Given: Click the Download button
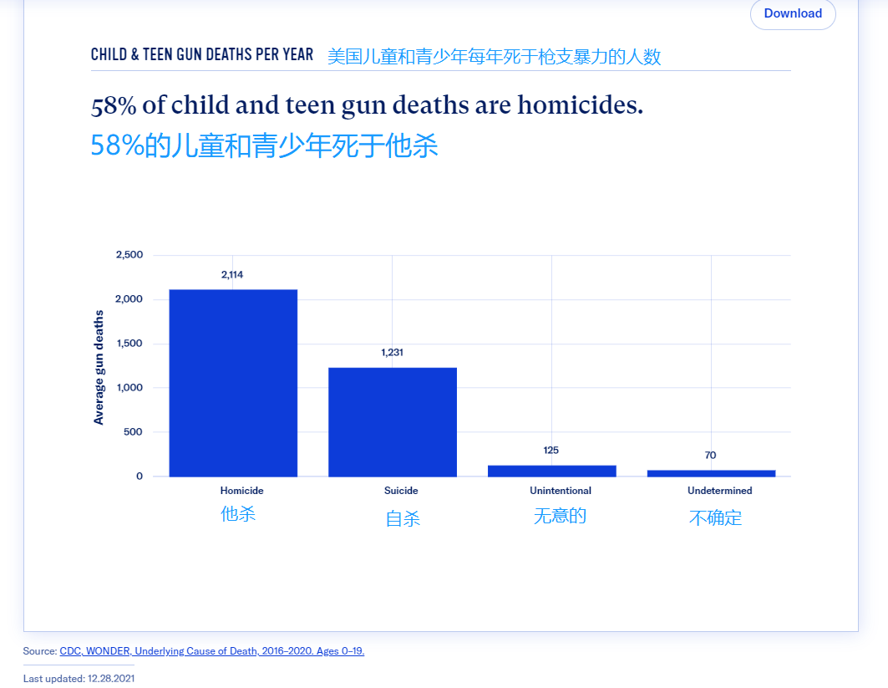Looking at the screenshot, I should pyautogui.click(x=792, y=13).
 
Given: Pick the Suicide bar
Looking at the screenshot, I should pyautogui.click(x=393, y=422).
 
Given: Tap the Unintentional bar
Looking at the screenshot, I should pyautogui.click(x=551, y=471).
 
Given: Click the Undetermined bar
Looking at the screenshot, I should pyautogui.click(x=711, y=473).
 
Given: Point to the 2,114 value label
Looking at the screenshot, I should pyautogui.click(x=232, y=274).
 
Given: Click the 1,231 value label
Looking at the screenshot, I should pyautogui.click(x=392, y=352).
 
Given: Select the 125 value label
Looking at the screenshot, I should pyautogui.click(x=551, y=450).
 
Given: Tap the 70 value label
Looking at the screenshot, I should pyautogui.click(x=710, y=456).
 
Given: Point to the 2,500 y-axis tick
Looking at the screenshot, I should pyautogui.click(x=129, y=255).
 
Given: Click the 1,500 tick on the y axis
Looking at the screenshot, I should pyautogui.click(x=129, y=344).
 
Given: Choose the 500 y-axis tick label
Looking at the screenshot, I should pyautogui.click(x=134, y=432).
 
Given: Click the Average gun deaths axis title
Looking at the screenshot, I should pyautogui.click(x=99, y=367).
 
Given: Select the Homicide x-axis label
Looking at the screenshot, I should pyautogui.click(x=241, y=491).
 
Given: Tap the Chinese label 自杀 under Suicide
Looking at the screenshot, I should pyautogui.click(x=403, y=518).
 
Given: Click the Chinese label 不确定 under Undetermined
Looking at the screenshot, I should pyautogui.click(x=715, y=517).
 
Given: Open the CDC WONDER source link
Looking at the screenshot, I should pyautogui.click(x=212, y=651).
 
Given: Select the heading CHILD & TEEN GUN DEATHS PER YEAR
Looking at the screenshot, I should pyautogui.click(x=202, y=55).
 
